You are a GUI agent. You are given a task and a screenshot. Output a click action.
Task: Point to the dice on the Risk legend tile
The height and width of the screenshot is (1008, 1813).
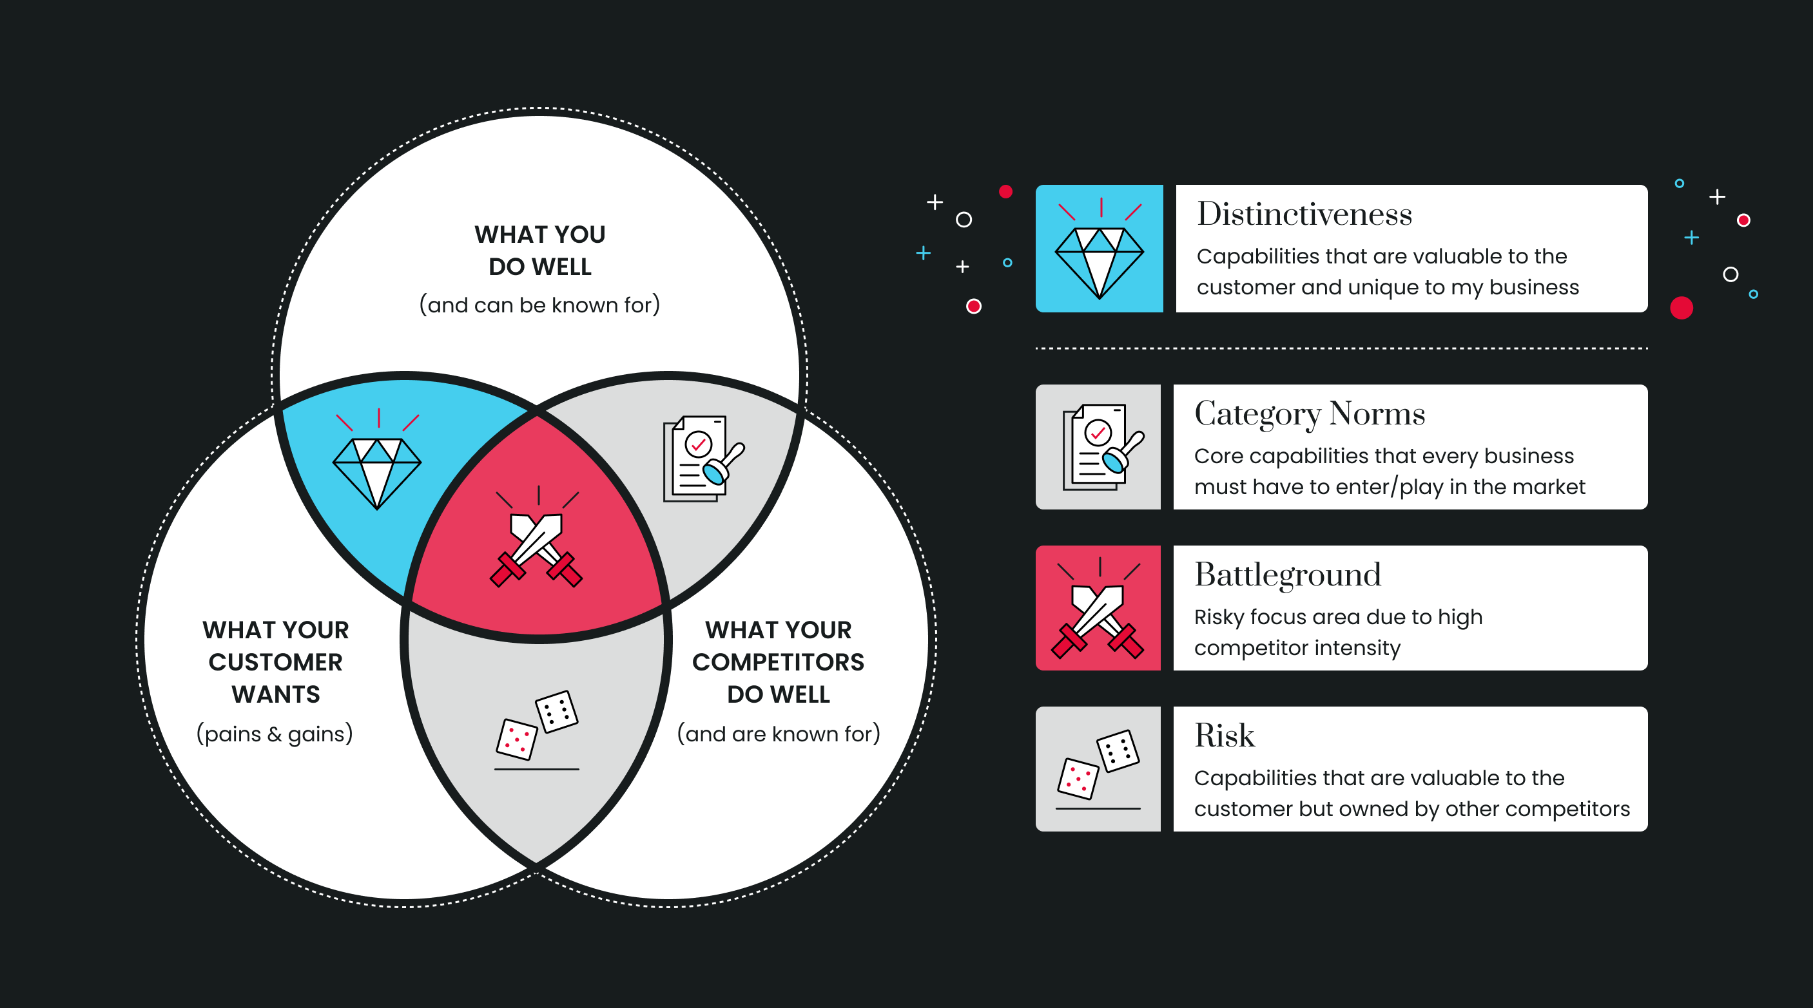1098,766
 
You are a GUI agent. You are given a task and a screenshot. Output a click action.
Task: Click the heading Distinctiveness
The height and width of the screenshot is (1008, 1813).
1304,214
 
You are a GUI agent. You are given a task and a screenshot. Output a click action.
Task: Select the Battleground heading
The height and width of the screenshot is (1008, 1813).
1287,575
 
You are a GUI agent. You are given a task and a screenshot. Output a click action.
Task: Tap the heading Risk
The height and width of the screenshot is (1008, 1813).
1224,736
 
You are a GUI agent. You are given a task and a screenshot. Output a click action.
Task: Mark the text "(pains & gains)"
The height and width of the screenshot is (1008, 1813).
275,734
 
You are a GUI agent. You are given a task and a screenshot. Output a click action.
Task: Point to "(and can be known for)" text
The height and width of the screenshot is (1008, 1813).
540,305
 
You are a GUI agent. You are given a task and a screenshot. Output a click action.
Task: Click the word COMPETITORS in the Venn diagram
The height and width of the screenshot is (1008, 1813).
778,662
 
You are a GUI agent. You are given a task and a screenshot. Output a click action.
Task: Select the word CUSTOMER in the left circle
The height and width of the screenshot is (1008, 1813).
275,662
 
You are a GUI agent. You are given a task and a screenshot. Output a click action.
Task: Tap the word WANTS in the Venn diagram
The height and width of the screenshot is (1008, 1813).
275,694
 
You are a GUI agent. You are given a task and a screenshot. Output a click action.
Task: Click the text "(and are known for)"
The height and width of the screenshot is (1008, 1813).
779,734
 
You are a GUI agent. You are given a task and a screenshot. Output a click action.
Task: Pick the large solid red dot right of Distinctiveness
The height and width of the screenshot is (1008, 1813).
1682,308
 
